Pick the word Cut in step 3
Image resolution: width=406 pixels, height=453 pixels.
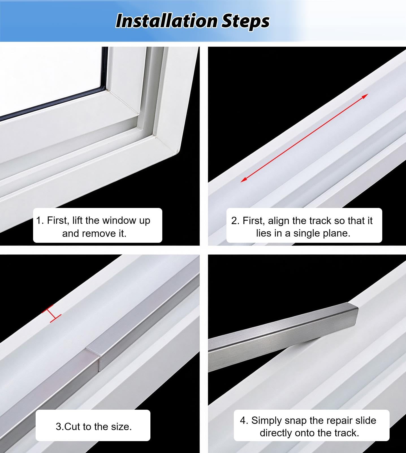tap(72, 426)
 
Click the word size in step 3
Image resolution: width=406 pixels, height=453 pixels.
tap(122, 426)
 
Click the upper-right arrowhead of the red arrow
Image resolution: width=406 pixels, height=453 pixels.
tap(365, 96)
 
